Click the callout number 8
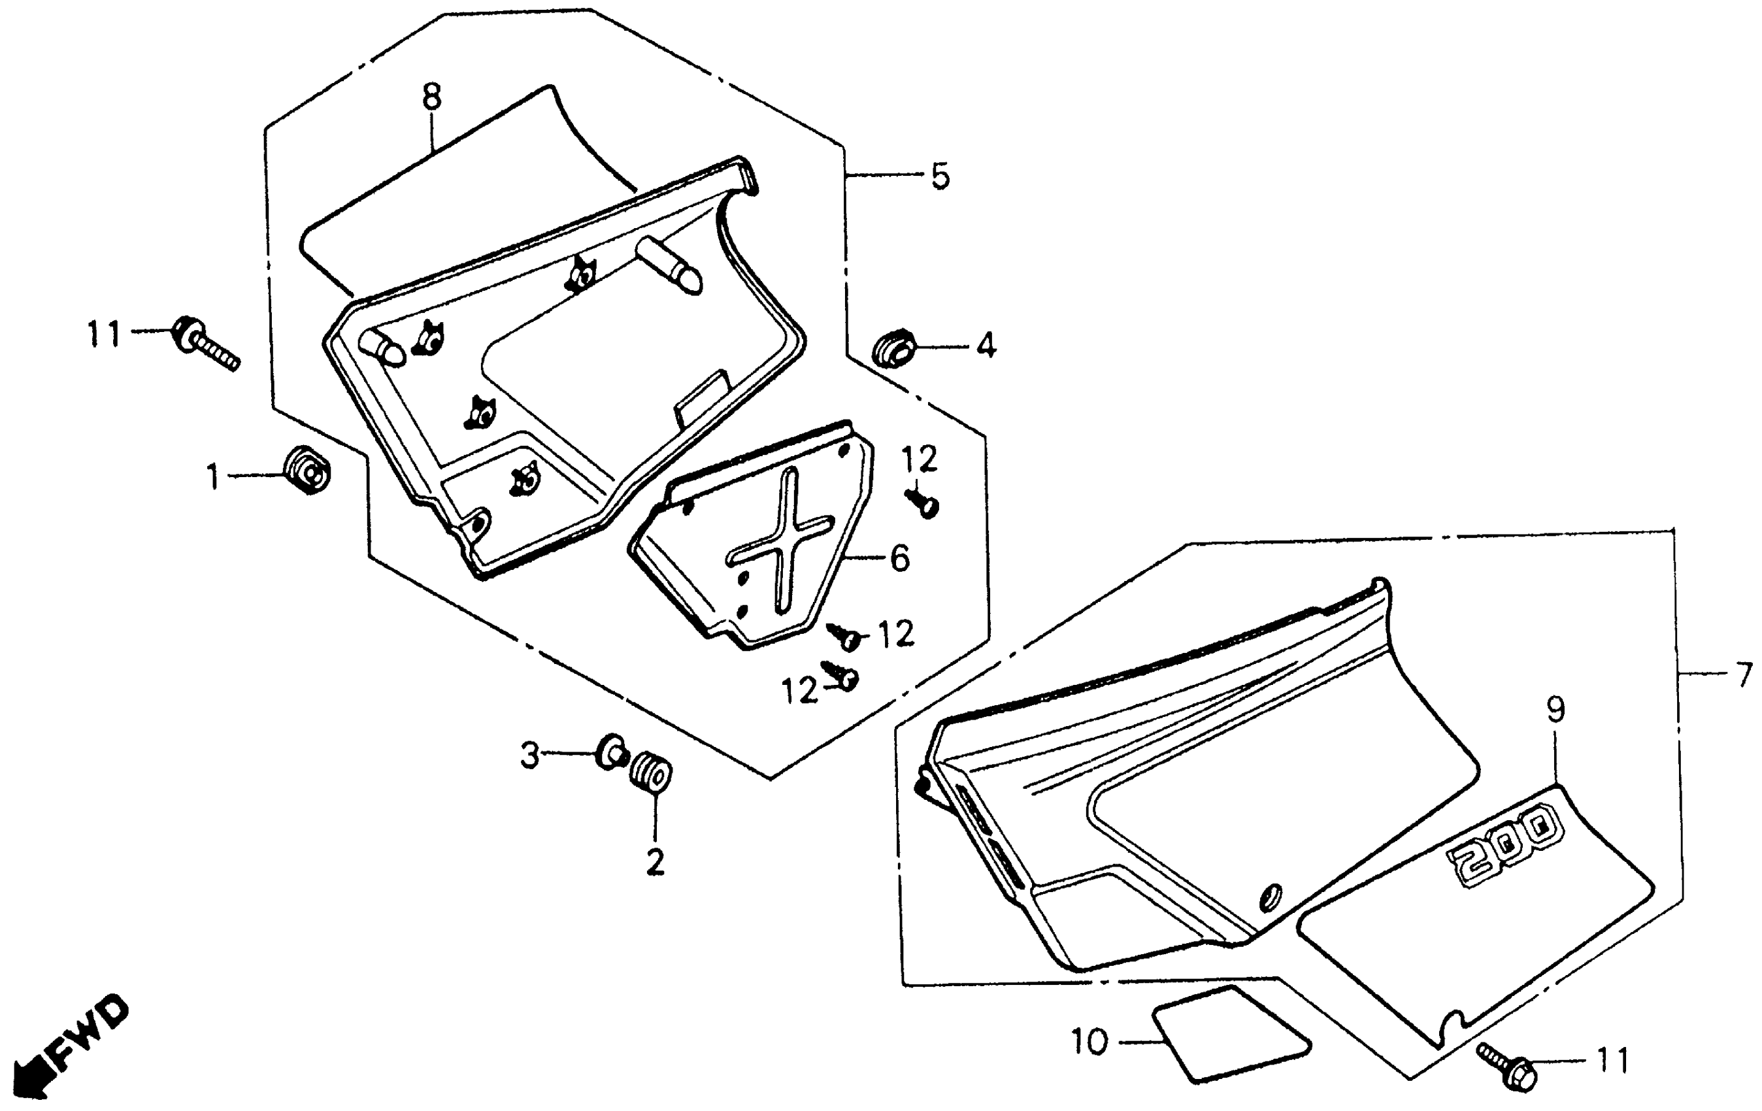coord(432,98)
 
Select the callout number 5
coord(940,177)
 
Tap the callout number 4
coord(986,346)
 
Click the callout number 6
coord(900,559)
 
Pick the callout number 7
coord(1744,673)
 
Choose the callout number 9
coord(1555,709)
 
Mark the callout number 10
coord(1089,1042)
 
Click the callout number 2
coord(655,863)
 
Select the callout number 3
coord(530,755)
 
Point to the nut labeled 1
coord(307,470)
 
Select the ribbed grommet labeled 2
coord(650,771)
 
